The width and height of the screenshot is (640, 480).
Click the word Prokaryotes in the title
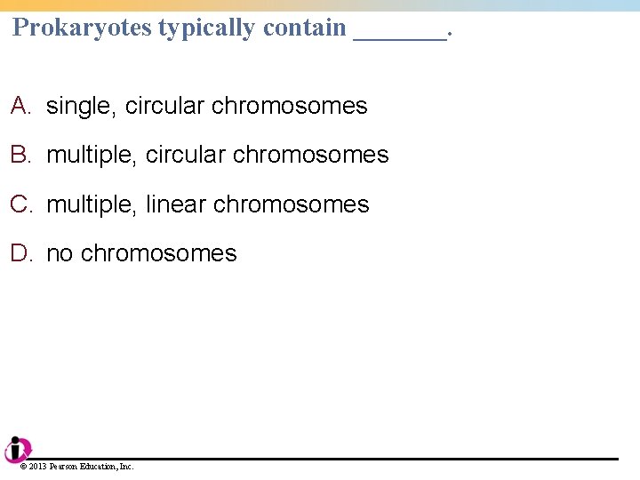point(83,28)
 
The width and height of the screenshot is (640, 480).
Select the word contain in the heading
point(305,28)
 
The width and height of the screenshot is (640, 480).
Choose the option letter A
point(21,106)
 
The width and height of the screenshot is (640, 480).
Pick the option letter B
point(21,155)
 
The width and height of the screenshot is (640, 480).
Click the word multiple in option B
point(92,156)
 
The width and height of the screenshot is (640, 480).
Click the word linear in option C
point(175,204)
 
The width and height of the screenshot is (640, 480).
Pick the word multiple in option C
point(92,204)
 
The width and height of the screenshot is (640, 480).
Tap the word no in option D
point(59,254)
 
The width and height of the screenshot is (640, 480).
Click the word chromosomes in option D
point(158,253)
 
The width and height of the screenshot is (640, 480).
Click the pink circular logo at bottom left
point(16,449)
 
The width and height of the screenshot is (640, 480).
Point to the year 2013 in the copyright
point(38,466)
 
